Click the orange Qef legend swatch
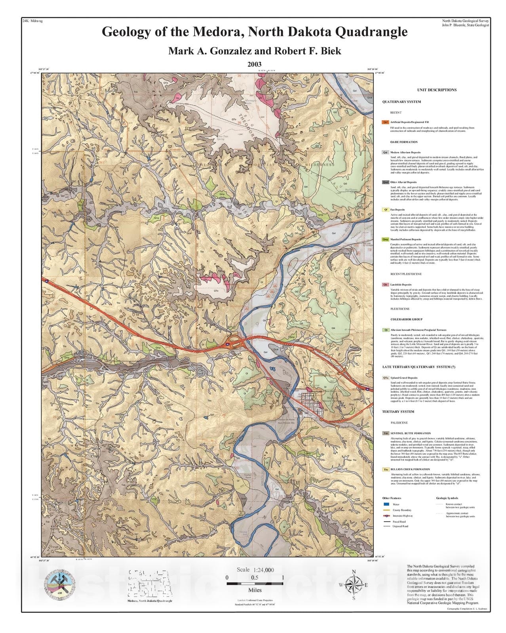tap(385, 123)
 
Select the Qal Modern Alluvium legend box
tap(385, 152)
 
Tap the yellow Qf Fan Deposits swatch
tap(385, 210)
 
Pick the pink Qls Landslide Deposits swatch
tap(385, 284)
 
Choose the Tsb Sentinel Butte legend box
tap(385, 433)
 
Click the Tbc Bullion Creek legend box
tap(385, 470)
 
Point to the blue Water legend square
tap(386, 504)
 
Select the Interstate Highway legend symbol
tap(386, 516)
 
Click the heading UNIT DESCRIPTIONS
tap(436, 90)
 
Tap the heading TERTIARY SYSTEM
tap(398, 411)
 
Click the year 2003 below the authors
tap(255, 64)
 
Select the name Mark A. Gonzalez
tap(207, 51)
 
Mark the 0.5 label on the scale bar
tap(255, 578)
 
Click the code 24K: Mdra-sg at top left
tap(33, 21)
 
